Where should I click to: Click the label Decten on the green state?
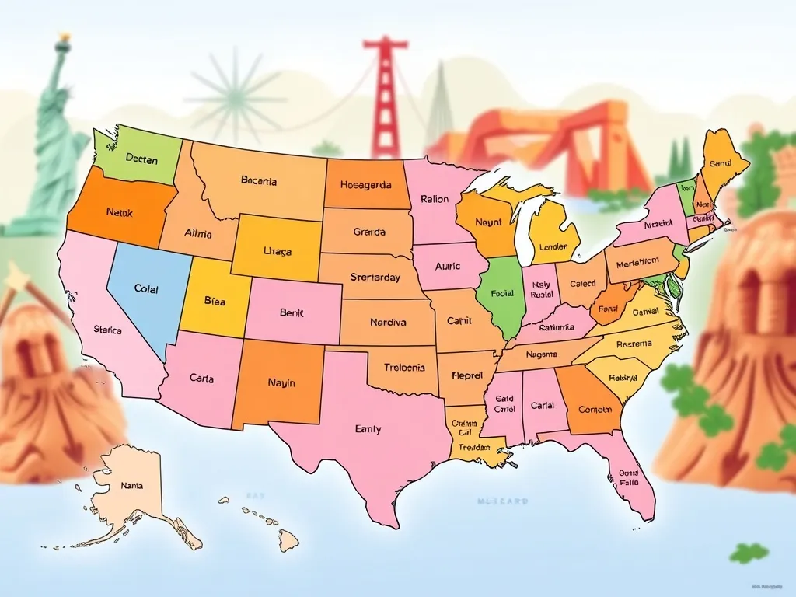pyautogui.click(x=141, y=160)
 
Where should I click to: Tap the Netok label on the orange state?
pyautogui.click(x=120, y=211)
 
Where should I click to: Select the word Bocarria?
pyautogui.click(x=259, y=181)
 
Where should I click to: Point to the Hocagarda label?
pyautogui.click(x=365, y=186)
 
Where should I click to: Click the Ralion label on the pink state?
pyautogui.click(x=435, y=199)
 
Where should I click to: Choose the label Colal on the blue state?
pyautogui.click(x=146, y=289)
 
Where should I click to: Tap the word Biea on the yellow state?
pyautogui.click(x=215, y=301)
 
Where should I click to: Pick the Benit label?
pyautogui.click(x=291, y=313)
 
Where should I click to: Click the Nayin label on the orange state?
pyautogui.click(x=281, y=382)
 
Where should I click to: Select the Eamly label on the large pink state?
pyautogui.click(x=368, y=428)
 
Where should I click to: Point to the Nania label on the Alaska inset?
pyautogui.click(x=132, y=486)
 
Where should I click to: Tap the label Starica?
pyautogui.click(x=107, y=330)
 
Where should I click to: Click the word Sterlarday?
pyautogui.click(x=375, y=278)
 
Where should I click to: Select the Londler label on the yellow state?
pyautogui.click(x=553, y=247)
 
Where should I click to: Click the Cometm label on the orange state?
pyautogui.click(x=595, y=410)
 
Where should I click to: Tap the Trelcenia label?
pyautogui.click(x=405, y=368)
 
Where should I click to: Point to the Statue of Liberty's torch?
pyautogui.click(x=63, y=37)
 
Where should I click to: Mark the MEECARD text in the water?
pyautogui.click(x=502, y=502)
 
